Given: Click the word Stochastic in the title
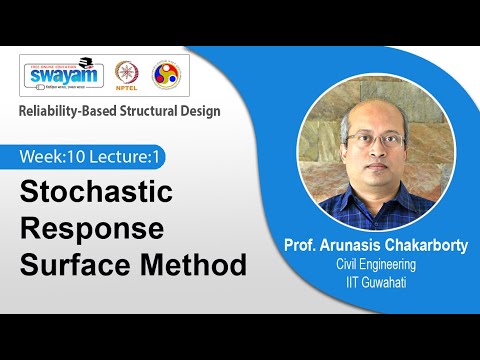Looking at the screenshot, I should click(x=97, y=191).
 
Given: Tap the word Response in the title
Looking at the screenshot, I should click(x=92, y=228).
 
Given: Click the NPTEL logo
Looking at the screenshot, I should click(x=128, y=74).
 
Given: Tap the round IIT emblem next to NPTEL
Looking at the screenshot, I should click(x=166, y=74).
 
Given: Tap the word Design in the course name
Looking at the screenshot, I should click(x=199, y=110).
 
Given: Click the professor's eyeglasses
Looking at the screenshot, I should click(x=376, y=139).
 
